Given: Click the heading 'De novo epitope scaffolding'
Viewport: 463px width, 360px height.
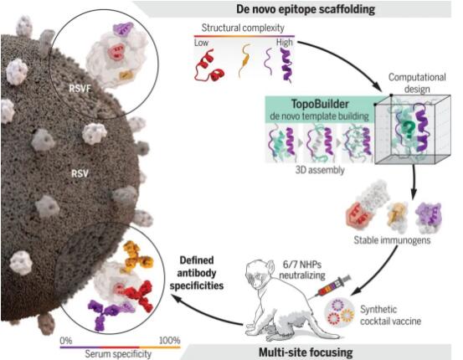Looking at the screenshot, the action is coord(306,9).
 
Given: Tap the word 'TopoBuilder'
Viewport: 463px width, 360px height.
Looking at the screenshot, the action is coord(320,105).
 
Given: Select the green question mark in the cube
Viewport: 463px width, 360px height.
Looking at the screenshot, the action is coord(409,130).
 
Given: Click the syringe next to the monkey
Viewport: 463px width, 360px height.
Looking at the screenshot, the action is coord(334,286).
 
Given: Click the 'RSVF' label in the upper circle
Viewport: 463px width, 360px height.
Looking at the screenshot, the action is coord(80,88).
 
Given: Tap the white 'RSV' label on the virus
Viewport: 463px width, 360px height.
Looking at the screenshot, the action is coord(80,173).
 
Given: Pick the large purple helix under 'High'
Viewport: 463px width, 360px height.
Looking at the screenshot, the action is coord(286,64).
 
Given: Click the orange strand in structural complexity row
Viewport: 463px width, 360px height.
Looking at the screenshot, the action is coord(244,60).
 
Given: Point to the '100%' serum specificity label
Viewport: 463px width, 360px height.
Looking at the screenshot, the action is coord(169,341).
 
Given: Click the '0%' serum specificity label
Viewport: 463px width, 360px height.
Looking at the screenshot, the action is coord(66,341).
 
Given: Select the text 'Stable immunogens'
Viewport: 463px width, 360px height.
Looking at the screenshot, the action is coord(392,240).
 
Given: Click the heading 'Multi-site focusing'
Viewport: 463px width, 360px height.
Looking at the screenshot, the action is coord(306,352).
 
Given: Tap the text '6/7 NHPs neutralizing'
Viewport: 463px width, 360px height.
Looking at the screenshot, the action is coord(302,270).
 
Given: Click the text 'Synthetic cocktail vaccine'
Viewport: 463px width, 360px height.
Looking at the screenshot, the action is coord(390,315).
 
